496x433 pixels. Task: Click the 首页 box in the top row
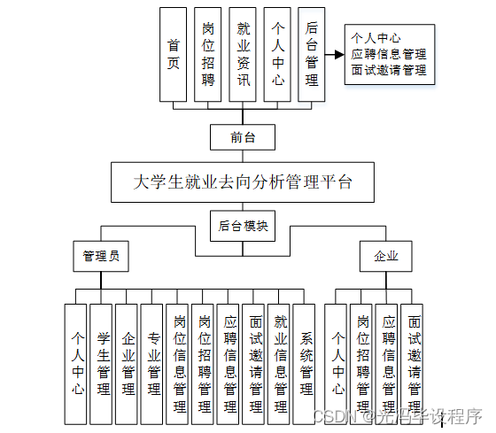[x=174, y=53]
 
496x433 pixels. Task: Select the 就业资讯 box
[x=243, y=53]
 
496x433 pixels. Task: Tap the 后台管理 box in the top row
[x=311, y=53]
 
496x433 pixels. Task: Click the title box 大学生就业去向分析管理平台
[x=243, y=182]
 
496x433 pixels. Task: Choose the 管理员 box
[x=100, y=257]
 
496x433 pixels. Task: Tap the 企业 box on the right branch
[x=386, y=257]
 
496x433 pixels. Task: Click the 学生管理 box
[x=102, y=363]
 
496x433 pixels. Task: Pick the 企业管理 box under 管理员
[x=128, y=363]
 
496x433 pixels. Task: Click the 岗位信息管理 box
[x=179, y=363]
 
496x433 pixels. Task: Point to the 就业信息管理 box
[x=281, y=363]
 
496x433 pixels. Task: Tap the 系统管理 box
[x=306, y=363]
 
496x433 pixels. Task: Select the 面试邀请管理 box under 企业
[x=412, y=363]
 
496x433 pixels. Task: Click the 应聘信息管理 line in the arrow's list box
[x=388, y=54]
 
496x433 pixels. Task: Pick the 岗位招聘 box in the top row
[x=208, y=53]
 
